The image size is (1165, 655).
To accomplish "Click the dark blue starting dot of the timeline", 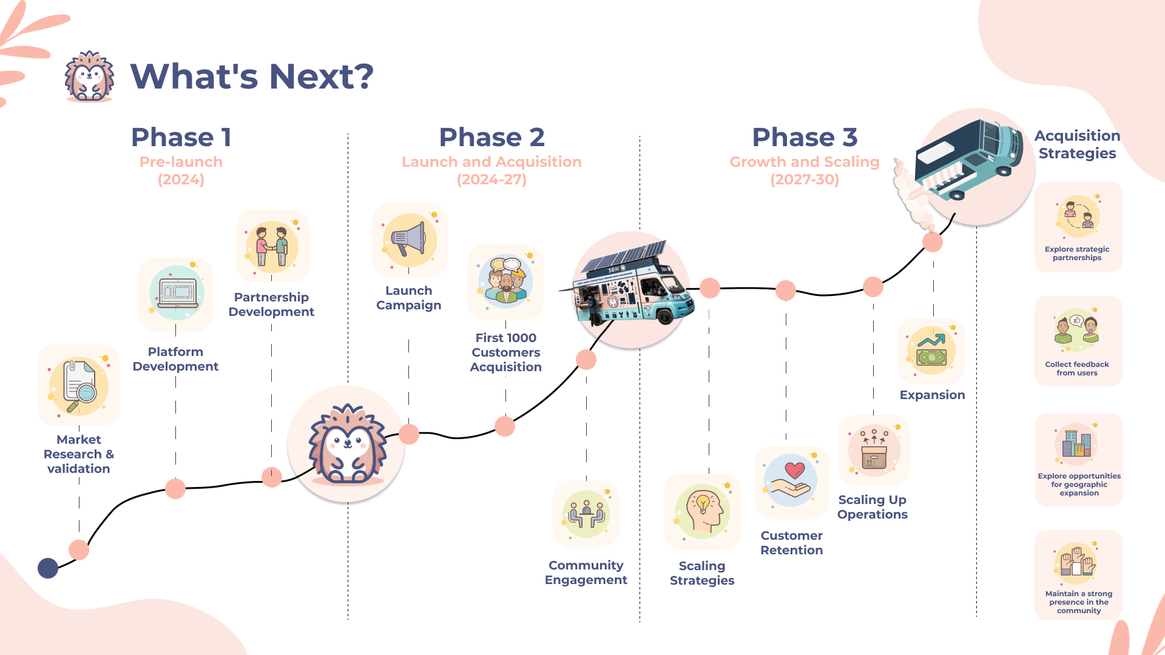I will point(48,568).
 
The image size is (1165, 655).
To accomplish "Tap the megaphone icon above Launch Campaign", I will point(410,240).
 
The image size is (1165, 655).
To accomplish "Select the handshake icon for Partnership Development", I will point(272,247).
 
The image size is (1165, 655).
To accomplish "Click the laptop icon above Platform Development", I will point(176,293).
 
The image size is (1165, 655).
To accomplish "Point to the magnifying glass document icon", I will point(78,386).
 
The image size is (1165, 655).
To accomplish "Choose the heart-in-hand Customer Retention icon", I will point(791,481).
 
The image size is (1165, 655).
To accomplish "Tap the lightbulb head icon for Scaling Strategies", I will point(703,511).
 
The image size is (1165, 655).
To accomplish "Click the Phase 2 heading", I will point(491,138).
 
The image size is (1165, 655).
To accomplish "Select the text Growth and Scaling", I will point(804,162).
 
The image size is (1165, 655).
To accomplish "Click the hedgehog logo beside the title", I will point(89,76).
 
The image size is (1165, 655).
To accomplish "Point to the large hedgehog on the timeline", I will point(346,445).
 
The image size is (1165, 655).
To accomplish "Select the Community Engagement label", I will point(586,573).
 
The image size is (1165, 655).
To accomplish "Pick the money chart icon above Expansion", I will point(931,350).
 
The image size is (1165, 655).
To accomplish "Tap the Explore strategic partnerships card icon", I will point(1078,216).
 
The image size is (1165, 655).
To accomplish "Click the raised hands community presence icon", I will point(1078,562).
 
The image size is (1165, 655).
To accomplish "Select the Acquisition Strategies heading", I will point(1077,144).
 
